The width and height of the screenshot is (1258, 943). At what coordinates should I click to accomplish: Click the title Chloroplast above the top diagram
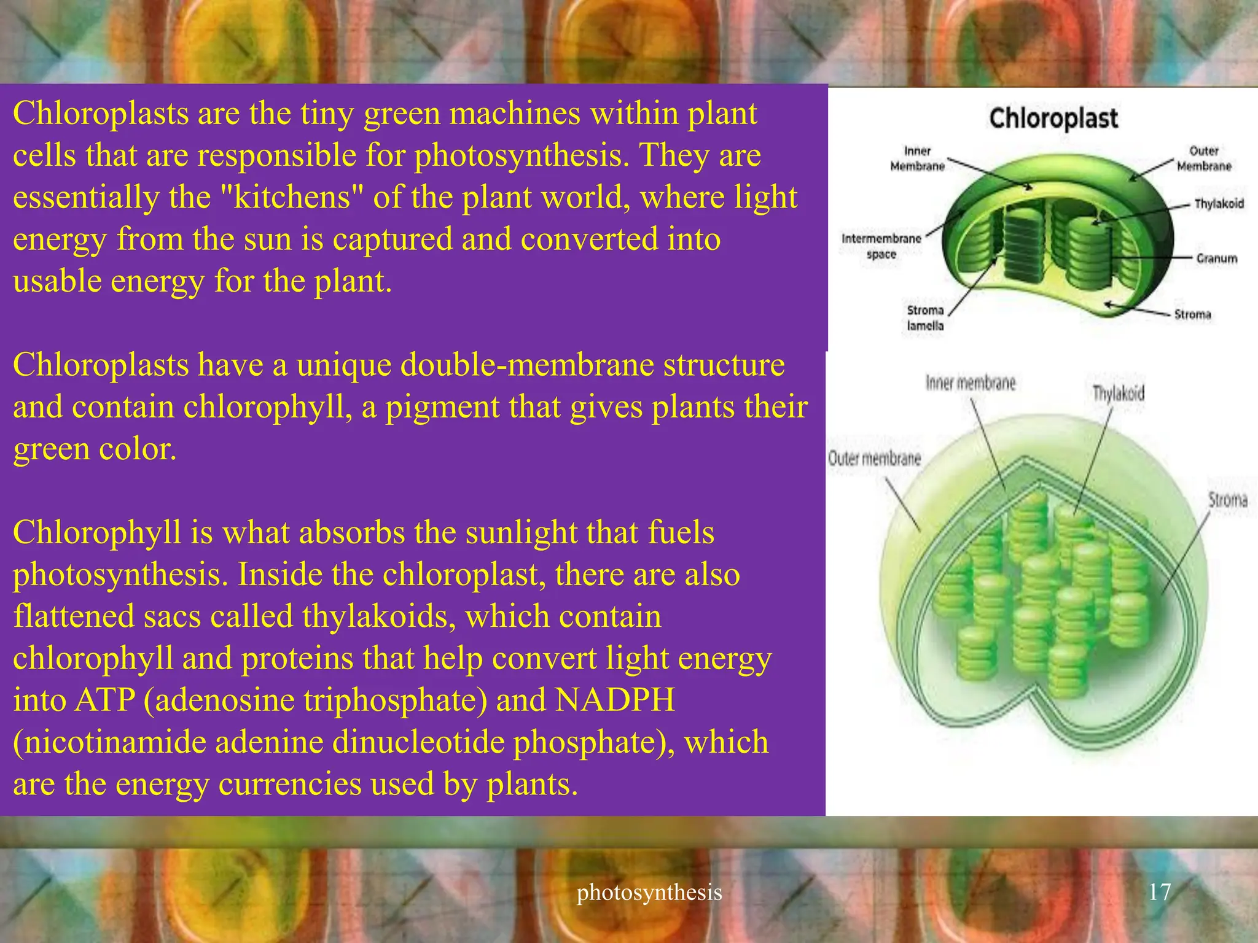pyautogui.click(x=1053, y=118)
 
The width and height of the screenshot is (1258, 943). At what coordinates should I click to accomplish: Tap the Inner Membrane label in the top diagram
pyautogui.click(x=917, y=158)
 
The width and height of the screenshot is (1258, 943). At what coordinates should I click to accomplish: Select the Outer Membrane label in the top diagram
pyautogui.click(x=1204, y=158)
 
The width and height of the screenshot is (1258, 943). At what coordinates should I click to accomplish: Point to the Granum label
pyautogui.click(x=1216, y=258)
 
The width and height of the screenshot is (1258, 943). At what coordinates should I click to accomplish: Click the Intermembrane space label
pyautogui.click(x=881, y=246)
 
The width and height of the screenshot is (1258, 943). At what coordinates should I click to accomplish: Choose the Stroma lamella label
pyautogui.click(x=925, y=318)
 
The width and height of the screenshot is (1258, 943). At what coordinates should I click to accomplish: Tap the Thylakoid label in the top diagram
pyautogui.click(x=1219, y=204)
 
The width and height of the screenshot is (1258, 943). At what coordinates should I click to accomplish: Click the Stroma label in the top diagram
pyautogui.click(x=1192, y=314)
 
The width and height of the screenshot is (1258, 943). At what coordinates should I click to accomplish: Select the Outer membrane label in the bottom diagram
pyautogui.click(x=874, y=458)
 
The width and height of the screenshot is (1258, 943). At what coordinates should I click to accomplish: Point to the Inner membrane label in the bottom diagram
pyautogui.click(x=971, y=384)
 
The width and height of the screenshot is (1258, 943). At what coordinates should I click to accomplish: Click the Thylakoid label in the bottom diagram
pyautogui.click(x=1118, y=393)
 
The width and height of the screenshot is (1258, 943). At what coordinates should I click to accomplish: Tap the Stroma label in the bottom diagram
pyautogui.click(x=1228, y=500)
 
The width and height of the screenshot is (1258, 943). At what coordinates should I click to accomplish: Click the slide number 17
pyautogui.click(x=1159, y=891)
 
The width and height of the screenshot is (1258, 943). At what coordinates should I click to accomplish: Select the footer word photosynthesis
pyautogui.click(x=649, y=892)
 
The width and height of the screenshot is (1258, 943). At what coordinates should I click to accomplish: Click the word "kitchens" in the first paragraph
pyautogui.click(x=292, y=198)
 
